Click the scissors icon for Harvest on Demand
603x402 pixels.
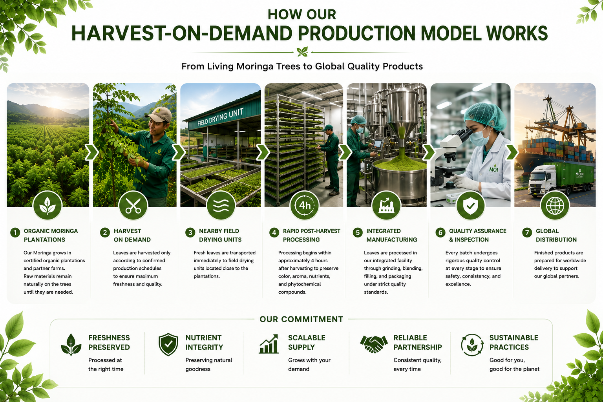[133, 206]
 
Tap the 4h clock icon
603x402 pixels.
[305, 206]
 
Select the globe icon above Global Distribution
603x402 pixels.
[555, 206]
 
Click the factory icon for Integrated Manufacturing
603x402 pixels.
[386, 206]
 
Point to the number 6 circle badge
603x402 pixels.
[440, 232]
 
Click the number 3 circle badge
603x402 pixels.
[190, 232]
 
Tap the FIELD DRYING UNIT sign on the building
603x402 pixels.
[221, 117]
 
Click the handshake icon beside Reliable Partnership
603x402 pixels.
[374, 344]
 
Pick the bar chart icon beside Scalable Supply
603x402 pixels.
[269, 344]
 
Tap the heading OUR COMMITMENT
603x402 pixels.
[301, 319]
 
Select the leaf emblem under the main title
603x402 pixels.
[302, 51]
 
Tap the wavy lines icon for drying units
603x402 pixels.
[221, 206]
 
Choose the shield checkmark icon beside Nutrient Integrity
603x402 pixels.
[168, 344]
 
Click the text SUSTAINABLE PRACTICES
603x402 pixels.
[513, 342]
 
